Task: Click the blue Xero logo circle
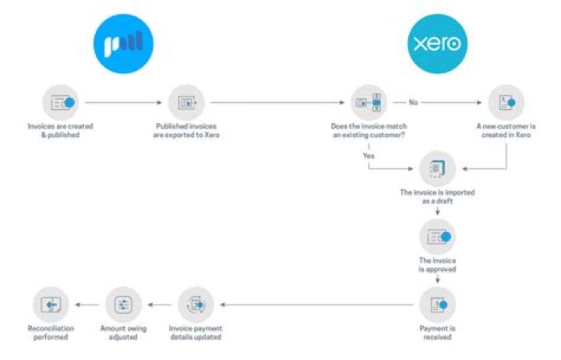point(437,44)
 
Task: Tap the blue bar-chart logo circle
point(123,44)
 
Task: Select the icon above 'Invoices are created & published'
point(60,103)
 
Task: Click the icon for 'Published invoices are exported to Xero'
point(186,103)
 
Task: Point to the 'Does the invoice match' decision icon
point(369,103)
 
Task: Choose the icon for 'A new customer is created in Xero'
point(506,103)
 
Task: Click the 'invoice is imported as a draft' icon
point(437,168)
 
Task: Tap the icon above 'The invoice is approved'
point(437,237)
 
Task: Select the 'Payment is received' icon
point(437,305)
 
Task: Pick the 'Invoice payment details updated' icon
point(196,305)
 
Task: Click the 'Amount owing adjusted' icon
point(123,305)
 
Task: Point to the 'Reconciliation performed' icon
point(51,305)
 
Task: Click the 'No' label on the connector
point(413,103)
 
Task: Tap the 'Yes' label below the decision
point(369,156)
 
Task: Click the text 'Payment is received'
point(437,333)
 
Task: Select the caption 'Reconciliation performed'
point(51,333)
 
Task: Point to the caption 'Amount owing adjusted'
point(123,333)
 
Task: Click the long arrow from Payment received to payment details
point(316,305)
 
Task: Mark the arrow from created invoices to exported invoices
point(123,103)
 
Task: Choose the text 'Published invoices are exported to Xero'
point(186,131)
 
